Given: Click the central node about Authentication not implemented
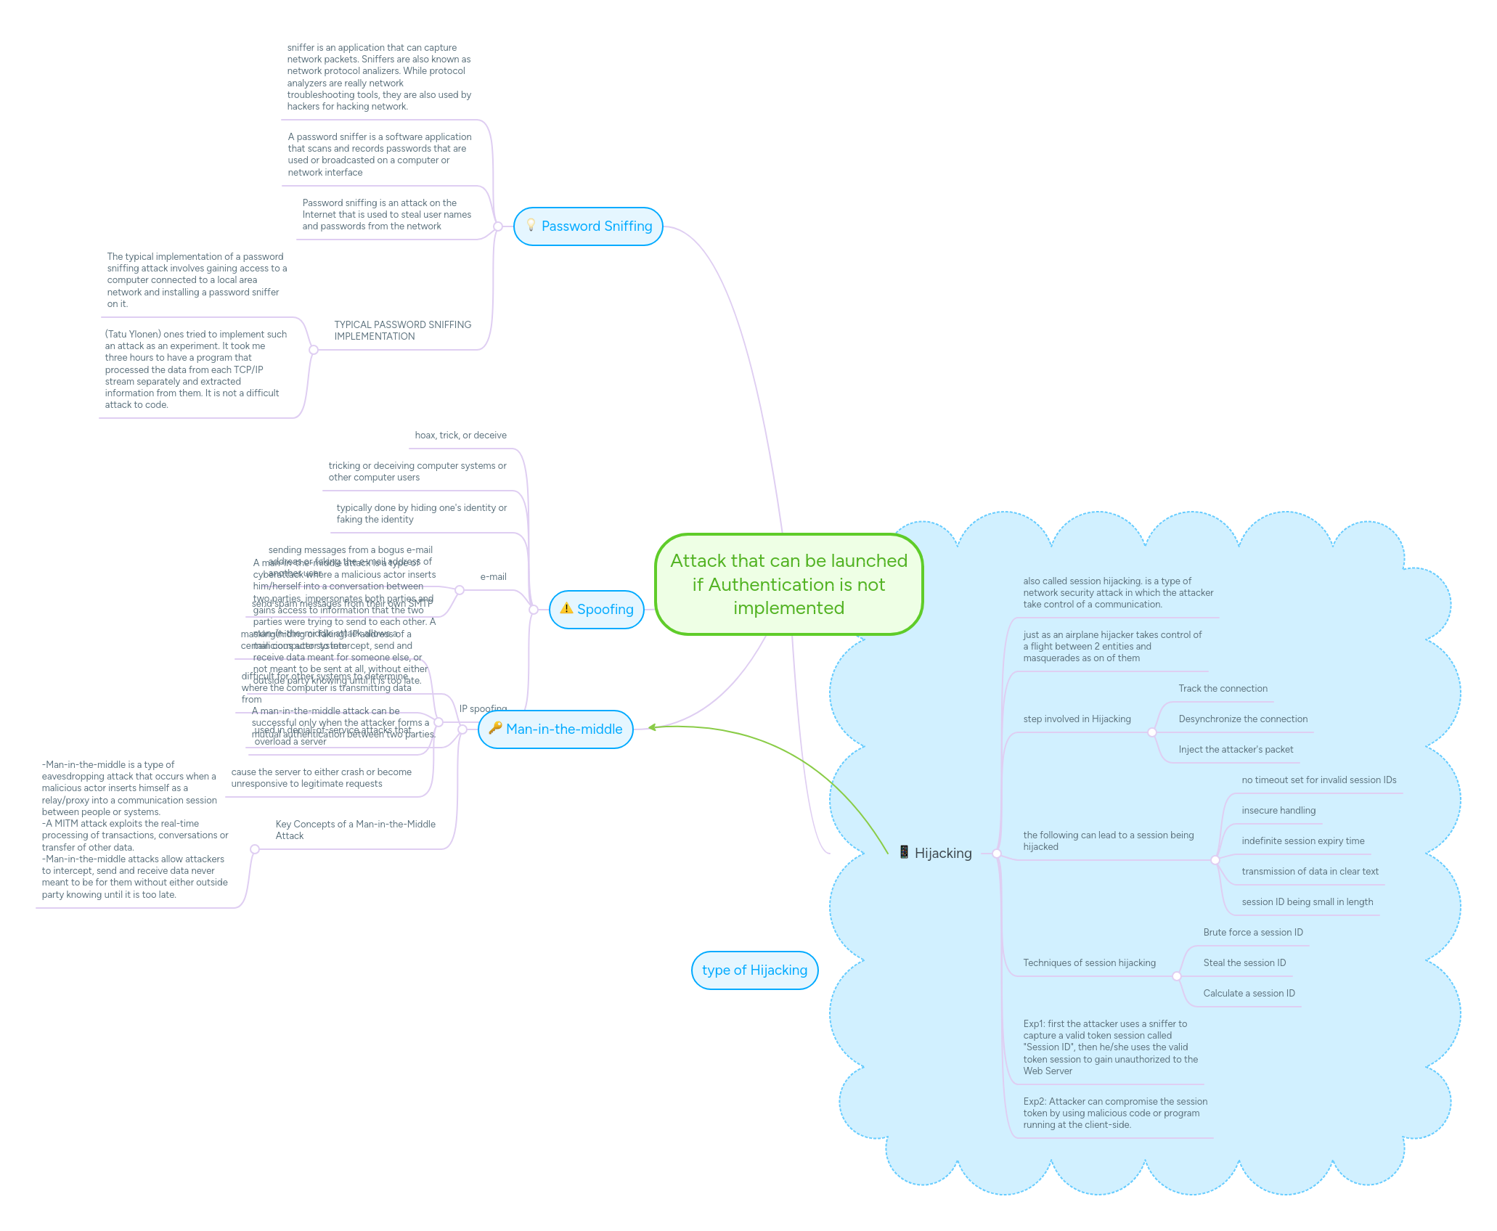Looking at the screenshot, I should point(788,584).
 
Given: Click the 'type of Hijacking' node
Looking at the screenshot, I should point(754,970).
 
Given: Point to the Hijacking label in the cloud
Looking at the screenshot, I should point(942,854).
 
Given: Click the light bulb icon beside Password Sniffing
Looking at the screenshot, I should point(531,226).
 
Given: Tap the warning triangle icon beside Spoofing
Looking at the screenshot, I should point(566,609).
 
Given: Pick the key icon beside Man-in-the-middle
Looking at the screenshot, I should point(495,728).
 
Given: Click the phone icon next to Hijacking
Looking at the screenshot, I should point(904,852).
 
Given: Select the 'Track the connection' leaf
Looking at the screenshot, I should point(1223,689).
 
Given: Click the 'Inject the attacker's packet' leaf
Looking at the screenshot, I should point(1236,750).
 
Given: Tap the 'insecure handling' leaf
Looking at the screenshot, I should point(1278,811).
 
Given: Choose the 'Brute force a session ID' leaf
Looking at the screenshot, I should point(1252,933).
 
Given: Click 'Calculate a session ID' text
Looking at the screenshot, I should point(1249,994).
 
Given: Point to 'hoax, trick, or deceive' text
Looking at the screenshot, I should point(460,435).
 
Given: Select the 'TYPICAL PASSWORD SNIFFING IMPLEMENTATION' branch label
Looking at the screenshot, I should point(402,331).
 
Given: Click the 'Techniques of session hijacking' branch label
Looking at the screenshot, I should point(1089,963).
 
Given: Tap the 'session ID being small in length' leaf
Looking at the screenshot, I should point(1307,902).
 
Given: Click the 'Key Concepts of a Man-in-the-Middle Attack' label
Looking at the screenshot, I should point(355,830).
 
